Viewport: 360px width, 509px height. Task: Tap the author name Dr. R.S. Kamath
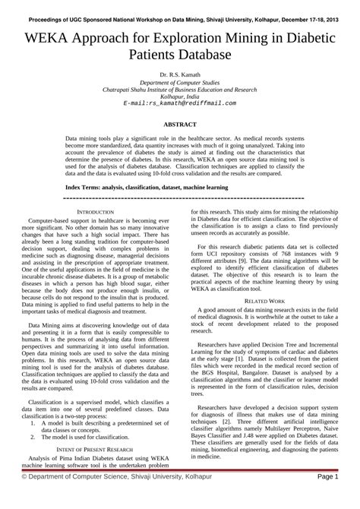[180, 75]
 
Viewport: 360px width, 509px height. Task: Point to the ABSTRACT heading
[180, 123]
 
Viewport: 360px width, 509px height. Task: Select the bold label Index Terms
[85, 186]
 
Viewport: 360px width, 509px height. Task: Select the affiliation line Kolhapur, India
[180, 96]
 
